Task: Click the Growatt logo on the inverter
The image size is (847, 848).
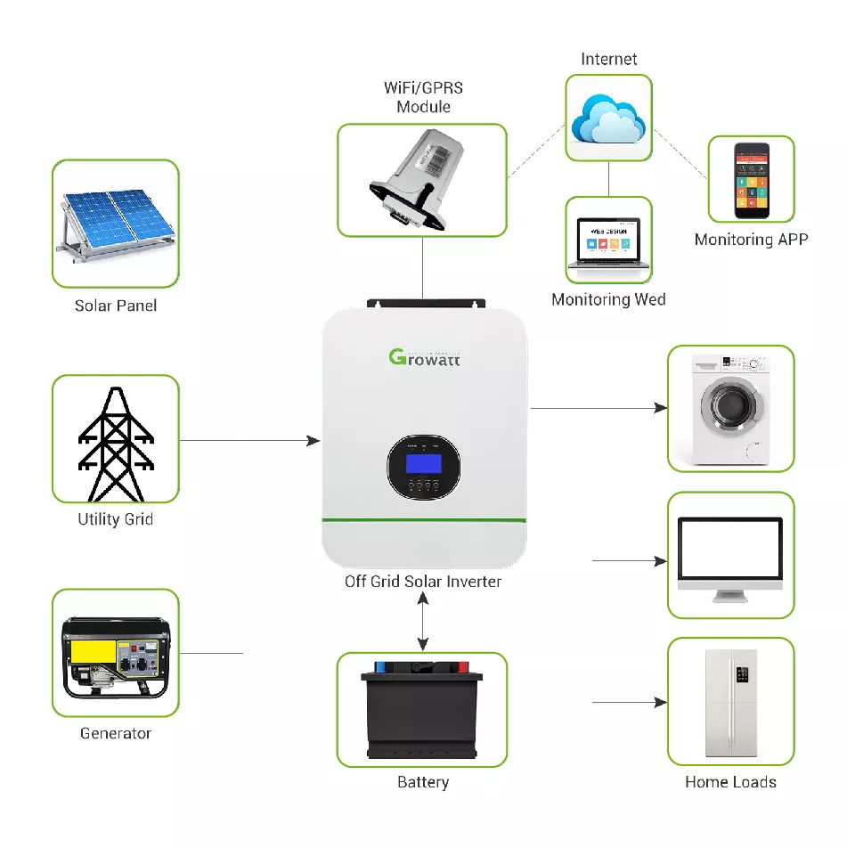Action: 425,358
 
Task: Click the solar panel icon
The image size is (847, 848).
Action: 116,224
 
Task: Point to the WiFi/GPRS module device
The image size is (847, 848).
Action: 421,178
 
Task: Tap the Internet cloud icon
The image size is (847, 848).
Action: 608,118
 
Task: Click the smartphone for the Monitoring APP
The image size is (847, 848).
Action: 751,180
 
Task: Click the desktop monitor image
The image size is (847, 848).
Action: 730,554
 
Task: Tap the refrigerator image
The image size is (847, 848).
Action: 730,701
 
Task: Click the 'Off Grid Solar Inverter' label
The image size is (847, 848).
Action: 423,582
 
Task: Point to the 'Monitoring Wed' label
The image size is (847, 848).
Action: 608,299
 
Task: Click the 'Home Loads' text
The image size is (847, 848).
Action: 730,782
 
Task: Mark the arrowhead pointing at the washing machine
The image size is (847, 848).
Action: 660,408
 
